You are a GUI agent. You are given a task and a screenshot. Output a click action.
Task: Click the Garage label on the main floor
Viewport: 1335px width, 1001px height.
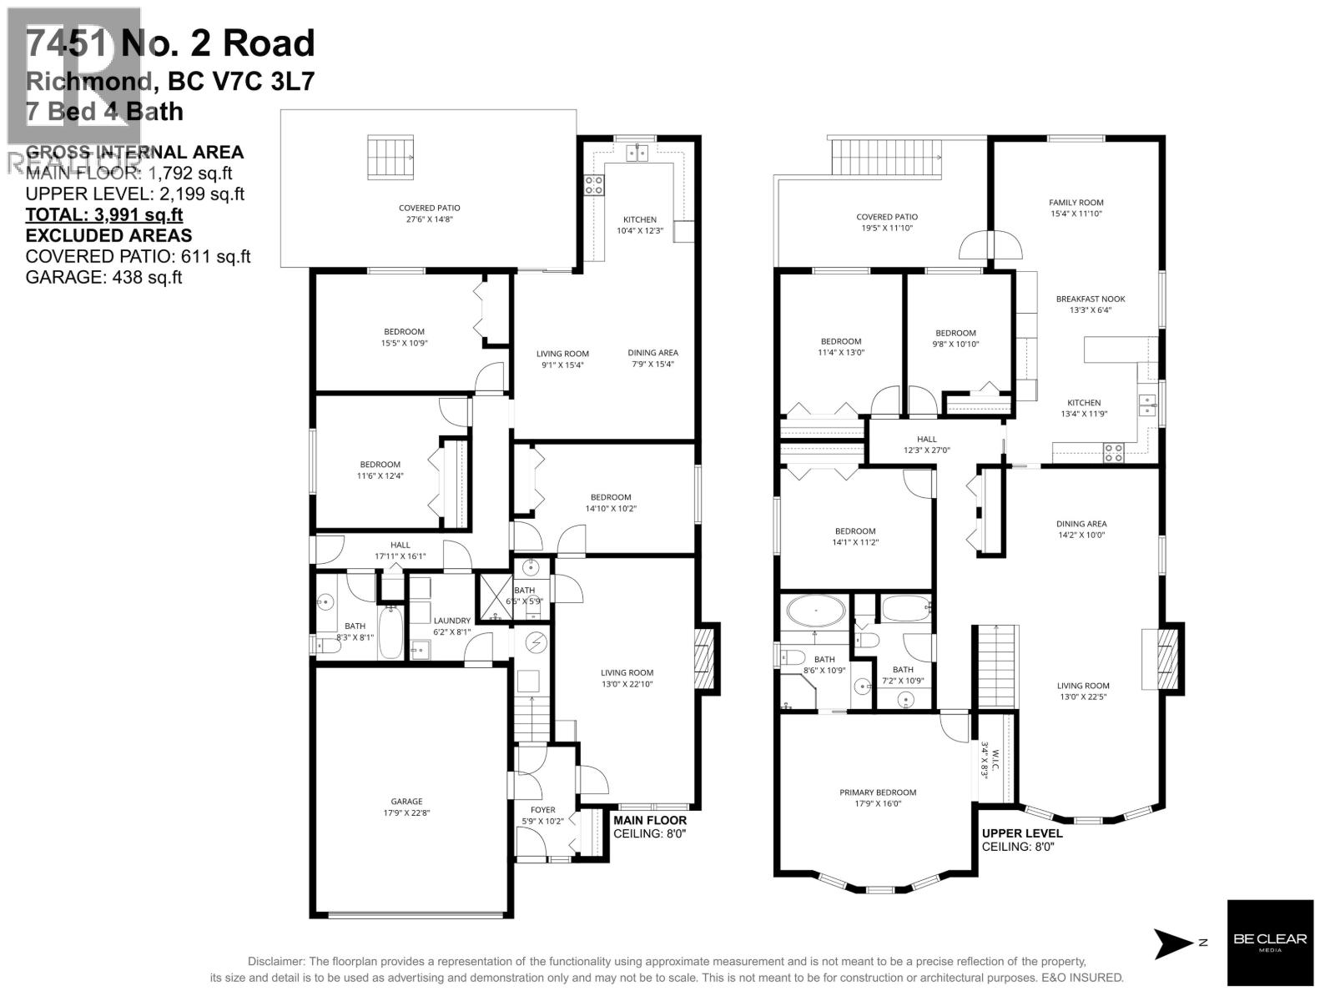(x=408, y=807)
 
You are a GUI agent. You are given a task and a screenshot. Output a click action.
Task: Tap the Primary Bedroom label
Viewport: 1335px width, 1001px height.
(x=878, y=797)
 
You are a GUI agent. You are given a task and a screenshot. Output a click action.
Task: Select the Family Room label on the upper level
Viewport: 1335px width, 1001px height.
(x=1076, y=208)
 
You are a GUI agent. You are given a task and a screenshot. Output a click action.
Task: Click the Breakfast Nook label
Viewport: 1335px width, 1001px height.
(x=1085, y=304)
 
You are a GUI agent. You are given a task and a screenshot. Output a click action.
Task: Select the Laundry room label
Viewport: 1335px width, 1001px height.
(x=451, y=626)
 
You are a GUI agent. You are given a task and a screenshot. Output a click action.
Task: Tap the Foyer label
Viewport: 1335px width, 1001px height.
(x=542, y=815)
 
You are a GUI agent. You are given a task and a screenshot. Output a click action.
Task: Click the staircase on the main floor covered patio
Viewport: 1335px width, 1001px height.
(x=390, y=157)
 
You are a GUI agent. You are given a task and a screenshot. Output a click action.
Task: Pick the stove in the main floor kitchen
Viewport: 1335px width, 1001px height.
(x=594, y=185)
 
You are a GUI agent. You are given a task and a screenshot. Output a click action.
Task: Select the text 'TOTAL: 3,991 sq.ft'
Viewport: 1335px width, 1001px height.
(x=104, y=215)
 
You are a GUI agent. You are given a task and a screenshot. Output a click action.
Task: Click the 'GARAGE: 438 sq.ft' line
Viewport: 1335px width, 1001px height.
(x=103, y=278)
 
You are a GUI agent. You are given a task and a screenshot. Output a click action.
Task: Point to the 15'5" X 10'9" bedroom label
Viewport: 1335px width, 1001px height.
(x=404, y=337)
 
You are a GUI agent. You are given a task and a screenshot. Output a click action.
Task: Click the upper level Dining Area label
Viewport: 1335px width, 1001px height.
(x=1081, y=530)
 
